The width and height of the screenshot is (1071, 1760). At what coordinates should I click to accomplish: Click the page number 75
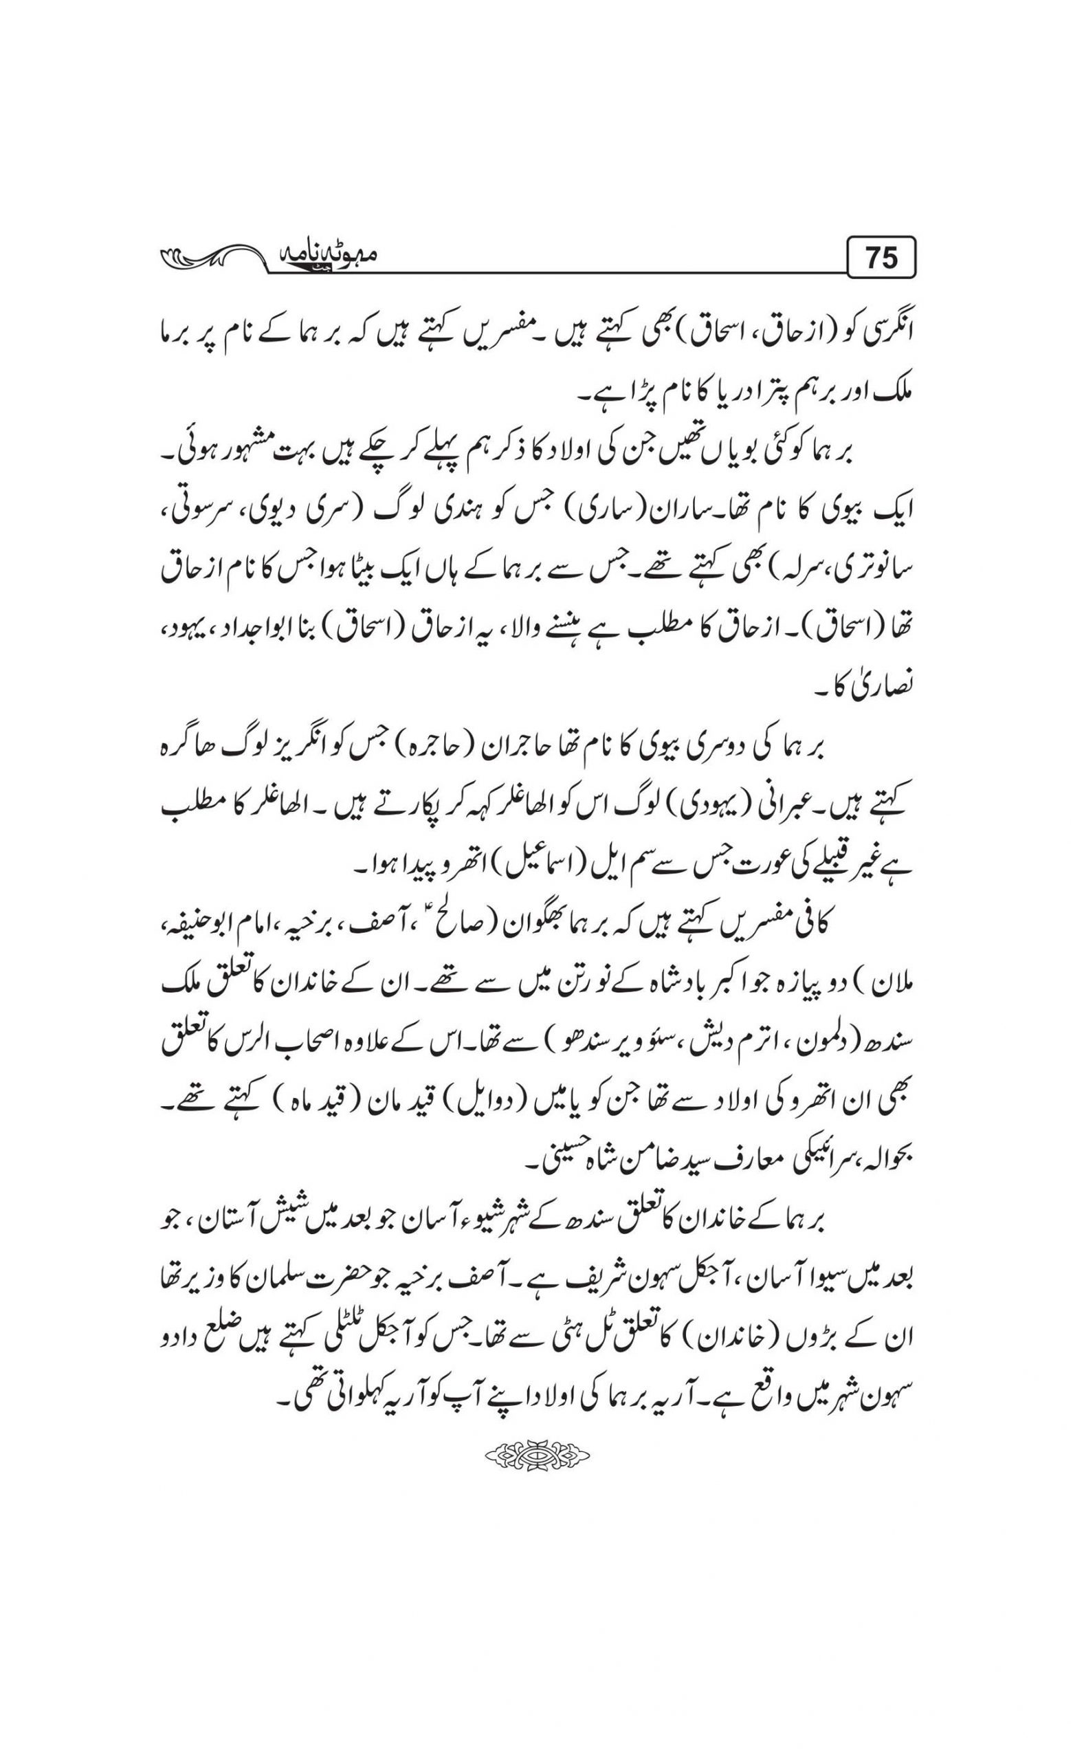881,257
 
